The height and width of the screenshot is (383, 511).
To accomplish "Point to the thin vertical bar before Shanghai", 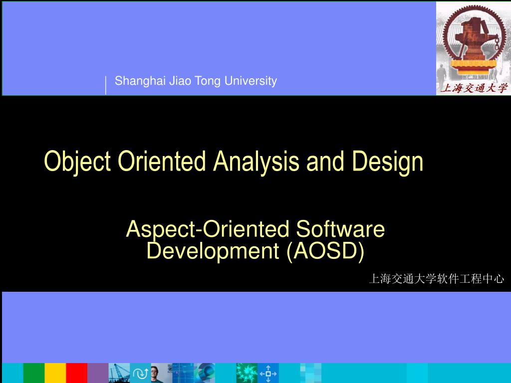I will [106, 85].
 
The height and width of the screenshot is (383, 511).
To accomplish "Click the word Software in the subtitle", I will [340, 229].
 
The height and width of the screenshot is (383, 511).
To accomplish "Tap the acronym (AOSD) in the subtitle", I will [325, 251].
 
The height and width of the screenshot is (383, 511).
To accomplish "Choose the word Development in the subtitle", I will [213, 251].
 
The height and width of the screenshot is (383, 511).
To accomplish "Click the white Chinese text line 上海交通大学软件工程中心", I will [436, 279].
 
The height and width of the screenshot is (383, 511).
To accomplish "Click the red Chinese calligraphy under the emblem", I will [473, 88].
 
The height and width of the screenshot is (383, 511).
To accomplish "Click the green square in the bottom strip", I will [33, 373].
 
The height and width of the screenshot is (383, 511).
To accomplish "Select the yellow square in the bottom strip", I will [55, 373].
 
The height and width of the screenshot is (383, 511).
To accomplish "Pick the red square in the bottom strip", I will [77, 373].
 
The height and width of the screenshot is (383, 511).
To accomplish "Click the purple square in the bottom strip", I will [98, 373].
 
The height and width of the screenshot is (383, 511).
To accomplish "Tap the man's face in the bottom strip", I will [155, 372].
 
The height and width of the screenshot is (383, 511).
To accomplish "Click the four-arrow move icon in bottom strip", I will [268, 373].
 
